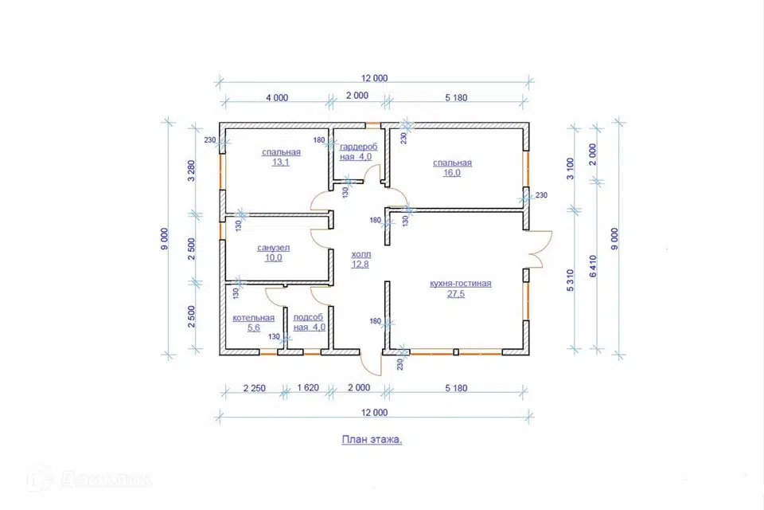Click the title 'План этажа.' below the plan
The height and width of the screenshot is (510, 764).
[x=372, y=440]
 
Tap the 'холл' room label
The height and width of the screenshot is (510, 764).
[x=361, y=254]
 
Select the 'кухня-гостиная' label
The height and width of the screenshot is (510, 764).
[x=461, y=284]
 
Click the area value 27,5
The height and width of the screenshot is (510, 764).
[x=455, y=294]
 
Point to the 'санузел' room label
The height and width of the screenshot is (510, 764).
[x=273, y=248]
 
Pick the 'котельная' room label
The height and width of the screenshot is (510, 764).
[x=253, y=318]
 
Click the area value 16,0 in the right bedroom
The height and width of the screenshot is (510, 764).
[x=452, y=173]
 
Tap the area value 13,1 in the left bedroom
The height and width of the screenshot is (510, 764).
[x=281, y=162]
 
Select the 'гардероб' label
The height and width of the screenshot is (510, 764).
[x=359, y=147]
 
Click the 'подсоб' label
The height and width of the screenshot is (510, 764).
[x=308, y=317]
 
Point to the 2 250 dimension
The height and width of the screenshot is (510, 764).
[x=255, y=389]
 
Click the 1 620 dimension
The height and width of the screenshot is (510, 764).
[x=308, y=388]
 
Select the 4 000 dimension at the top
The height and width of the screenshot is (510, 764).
[x=277, y=98]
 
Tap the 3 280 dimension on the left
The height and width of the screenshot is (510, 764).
[x=192, y=171]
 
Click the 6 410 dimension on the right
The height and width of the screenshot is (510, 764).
[x=593, y=266]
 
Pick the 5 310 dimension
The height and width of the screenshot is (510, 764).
[x=570, y=280]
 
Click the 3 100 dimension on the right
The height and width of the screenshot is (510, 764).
[x=571, y=168]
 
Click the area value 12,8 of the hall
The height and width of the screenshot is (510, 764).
[x=360, y=265]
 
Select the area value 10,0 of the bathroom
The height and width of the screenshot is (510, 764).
[x=273, y=257]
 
